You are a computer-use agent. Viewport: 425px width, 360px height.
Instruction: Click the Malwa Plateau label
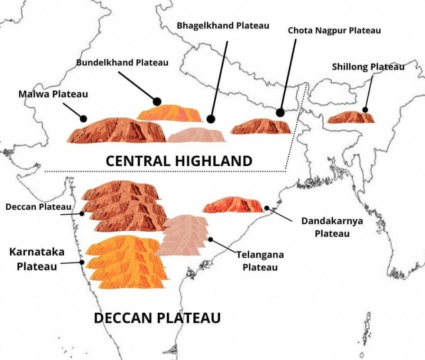(x=53, y=94)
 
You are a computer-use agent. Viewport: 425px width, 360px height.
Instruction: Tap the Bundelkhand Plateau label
(x=122, y=63)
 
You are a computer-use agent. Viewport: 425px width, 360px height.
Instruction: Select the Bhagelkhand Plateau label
(x=223, y=25)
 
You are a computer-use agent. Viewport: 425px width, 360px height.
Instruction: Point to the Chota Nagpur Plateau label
(x=334, y=30)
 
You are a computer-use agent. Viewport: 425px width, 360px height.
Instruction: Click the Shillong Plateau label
(x=368, y=66)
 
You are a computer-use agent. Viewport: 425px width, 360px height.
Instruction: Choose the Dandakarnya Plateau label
(x=332, y=227)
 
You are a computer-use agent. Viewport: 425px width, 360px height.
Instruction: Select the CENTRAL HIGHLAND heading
(x=179, y=161)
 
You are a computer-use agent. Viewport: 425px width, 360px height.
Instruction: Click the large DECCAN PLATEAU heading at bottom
(x=157, y=318)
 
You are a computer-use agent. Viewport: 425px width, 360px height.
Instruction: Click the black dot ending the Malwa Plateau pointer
(x=83, y=119)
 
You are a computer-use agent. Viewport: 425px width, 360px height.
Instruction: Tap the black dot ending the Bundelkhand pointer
(x=157, y=101)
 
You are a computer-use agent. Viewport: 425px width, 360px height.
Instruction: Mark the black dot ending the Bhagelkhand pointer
(x=210, y=119)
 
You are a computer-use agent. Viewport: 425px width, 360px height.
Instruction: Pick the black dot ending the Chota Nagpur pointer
(x=280, y=113)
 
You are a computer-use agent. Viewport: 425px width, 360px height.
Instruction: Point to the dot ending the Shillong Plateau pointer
(x=365, y=110)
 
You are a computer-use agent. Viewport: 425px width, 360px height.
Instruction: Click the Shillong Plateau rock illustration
(x=351, y=118)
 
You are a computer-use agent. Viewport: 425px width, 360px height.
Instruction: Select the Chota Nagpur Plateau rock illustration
(x=261, y=127)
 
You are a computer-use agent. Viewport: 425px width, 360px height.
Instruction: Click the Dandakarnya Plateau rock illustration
(x=233, y=205)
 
